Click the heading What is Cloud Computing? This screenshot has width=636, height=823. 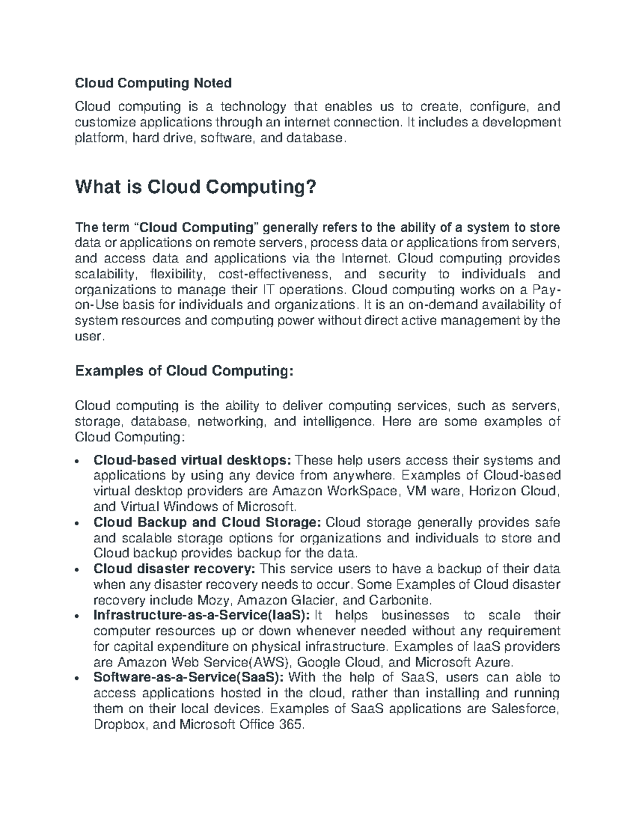pyautogui.click(x=196, y=187)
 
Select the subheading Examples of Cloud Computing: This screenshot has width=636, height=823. pyautogui.click(x=184, y=371)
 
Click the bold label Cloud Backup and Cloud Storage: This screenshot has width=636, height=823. pyautogui.click(x=207, y=523)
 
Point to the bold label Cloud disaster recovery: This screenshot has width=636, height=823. pyautogui.click(x=174, y=569)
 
